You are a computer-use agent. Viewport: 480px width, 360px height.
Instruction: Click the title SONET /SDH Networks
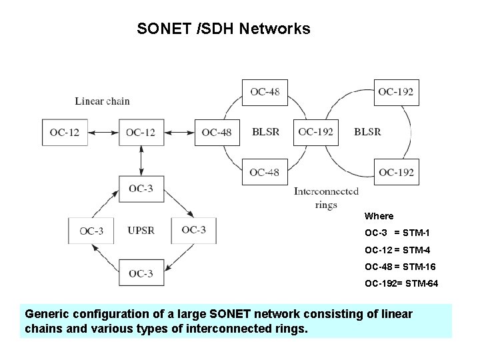coord(223,29)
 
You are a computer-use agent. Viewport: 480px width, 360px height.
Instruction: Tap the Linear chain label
coord(102,101)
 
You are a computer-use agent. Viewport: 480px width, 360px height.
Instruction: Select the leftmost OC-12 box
coord(64,133)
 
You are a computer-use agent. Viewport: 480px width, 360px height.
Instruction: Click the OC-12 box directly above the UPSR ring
coord(141,133)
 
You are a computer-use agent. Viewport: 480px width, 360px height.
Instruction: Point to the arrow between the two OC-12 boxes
coord(103,133)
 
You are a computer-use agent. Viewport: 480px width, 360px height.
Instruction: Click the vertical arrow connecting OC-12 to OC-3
coord(141,160)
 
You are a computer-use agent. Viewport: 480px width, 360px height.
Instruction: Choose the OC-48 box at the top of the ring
coord(265,92)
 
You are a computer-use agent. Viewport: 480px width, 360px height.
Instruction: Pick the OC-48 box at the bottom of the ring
coord(265,172)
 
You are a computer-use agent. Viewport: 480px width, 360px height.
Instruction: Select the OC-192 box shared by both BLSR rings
coord(315,132)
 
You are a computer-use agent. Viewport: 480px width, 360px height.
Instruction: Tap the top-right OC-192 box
coord(396,92)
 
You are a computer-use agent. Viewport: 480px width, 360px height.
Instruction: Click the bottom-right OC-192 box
coord(396,173)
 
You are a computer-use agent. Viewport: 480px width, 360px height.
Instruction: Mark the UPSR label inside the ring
coord(141,231)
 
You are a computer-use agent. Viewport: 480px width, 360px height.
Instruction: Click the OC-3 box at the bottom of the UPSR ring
coord(141,273)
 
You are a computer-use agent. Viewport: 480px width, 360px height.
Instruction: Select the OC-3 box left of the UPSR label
coord(91,231)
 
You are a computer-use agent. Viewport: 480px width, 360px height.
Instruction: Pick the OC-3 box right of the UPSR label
coord(194,230)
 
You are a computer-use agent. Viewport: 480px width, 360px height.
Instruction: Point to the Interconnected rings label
coord(326,198)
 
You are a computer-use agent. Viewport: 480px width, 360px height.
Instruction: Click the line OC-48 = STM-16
coord(400,267)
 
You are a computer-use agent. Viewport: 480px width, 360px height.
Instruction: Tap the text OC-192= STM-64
coord(401,284)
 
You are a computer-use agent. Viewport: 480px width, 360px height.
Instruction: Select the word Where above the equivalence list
coord(379,216)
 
